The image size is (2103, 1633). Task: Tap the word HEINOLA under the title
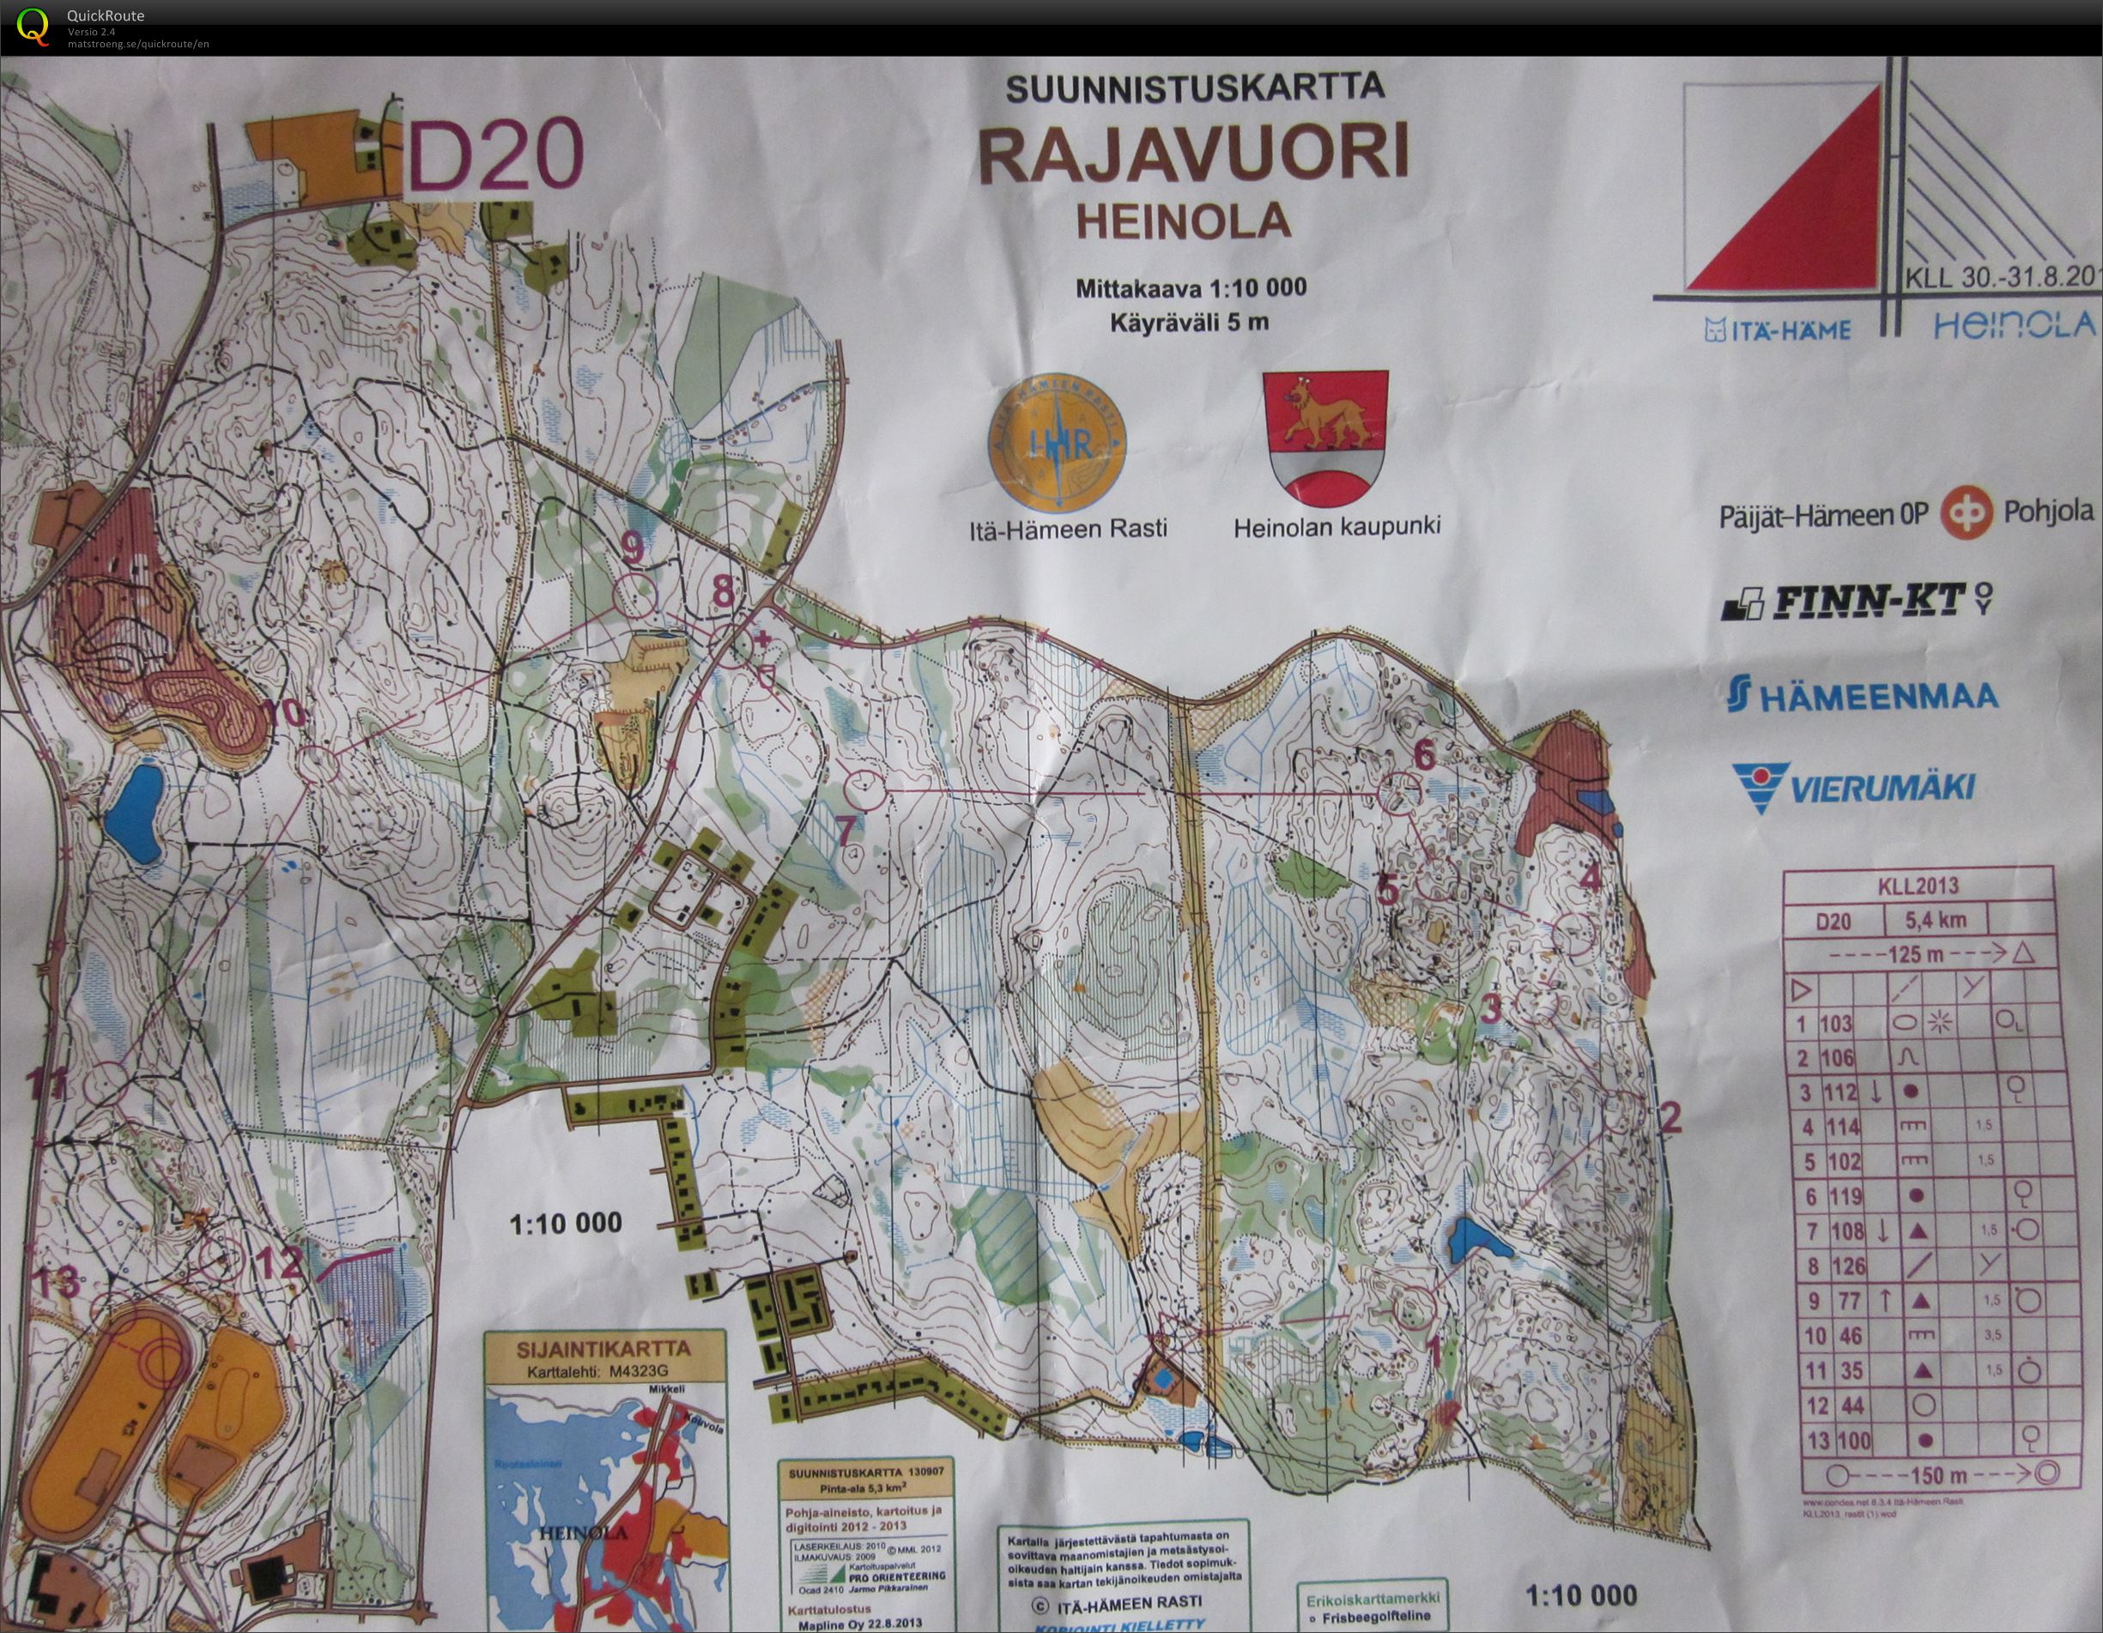[1183, 221]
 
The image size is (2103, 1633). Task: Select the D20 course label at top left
[497, 154]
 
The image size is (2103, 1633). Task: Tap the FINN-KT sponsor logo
[1853, 602]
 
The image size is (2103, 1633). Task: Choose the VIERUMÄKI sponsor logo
[1853, 784]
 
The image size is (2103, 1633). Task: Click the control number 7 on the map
[846, 831]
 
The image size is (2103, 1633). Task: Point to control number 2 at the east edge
[1670, 1117]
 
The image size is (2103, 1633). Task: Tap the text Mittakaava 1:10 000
[1191, 287]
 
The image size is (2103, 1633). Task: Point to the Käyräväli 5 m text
[1188, 323]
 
